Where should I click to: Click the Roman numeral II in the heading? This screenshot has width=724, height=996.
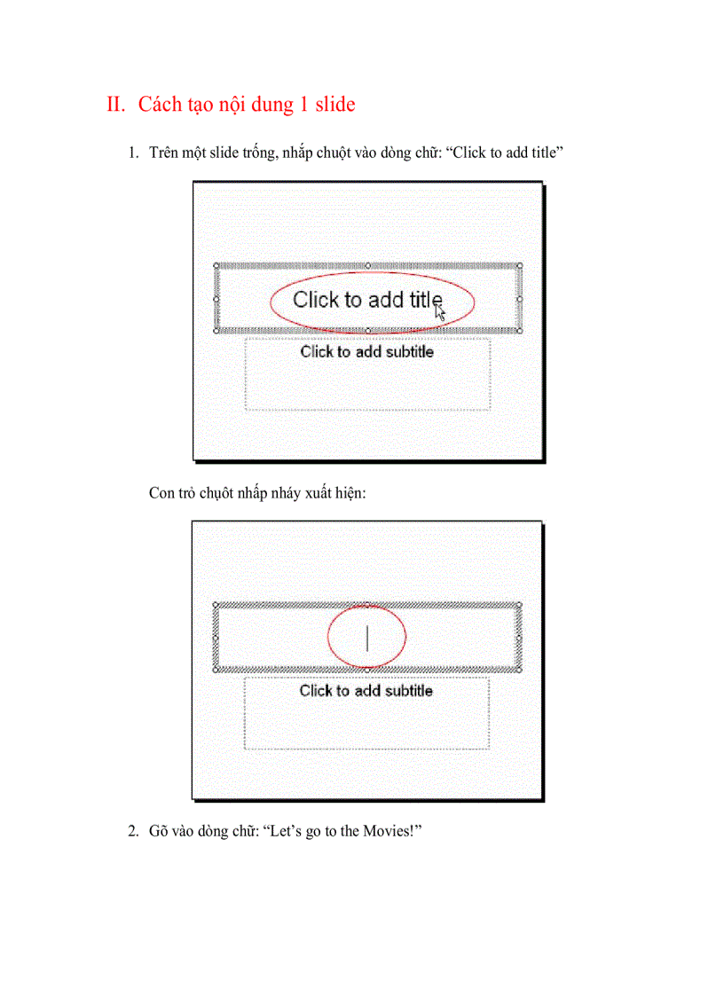point(116,105)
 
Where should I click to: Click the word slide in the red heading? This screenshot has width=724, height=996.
point(334,105)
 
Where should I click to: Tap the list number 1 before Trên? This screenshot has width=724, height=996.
point(132,153)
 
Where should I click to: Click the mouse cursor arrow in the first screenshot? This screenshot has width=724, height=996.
point(440,311)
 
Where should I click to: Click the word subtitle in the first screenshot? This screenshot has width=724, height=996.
point(405,351)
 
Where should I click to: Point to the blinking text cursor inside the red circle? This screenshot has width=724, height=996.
point(366,638)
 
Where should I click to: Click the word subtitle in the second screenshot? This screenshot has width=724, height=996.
point(404,690)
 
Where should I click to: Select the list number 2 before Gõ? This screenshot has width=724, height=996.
point(132,832)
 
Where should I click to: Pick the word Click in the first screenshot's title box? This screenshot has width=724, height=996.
point(316,300)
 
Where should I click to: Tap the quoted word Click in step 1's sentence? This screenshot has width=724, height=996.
point(467,153)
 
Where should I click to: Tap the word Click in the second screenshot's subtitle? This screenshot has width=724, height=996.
point(316,690)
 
